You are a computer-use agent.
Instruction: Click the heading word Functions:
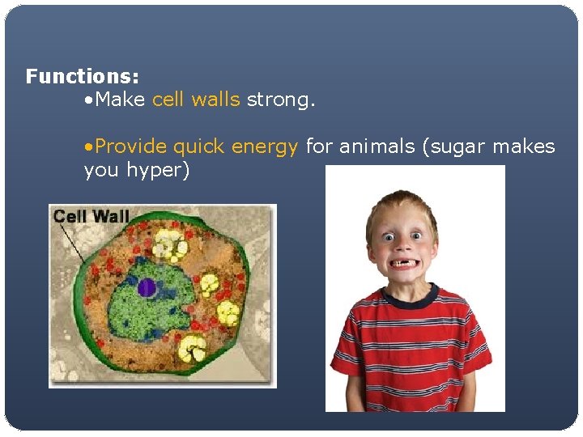click(82, 77)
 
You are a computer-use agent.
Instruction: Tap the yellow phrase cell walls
click(196, 100)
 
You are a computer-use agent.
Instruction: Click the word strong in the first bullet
click(279, 100)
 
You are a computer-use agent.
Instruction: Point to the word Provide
click(130, 147)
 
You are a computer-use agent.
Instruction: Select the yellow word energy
click(265, 147)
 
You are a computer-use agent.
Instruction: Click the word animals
click(373, 146)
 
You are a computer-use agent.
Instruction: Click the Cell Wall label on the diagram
click(91, 216)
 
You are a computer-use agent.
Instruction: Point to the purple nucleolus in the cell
click(146, 287)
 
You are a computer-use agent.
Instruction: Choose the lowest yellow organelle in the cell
click(193, 348)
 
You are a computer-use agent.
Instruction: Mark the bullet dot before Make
click(87, 100)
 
